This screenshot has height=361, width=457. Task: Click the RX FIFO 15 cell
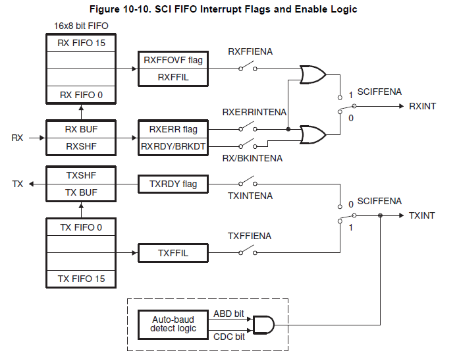point(82,45)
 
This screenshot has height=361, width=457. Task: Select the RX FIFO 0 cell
point(82,95)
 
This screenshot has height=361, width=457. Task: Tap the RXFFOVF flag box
point(173,60)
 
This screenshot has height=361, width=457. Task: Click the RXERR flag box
point(173,129)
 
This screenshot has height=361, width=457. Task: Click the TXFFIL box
point(173,252)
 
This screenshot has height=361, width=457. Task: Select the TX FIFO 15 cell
point(82,279)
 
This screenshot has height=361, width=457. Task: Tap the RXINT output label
point(422,106)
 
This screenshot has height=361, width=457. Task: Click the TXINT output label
point(422,215)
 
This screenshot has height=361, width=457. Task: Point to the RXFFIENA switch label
point(250,51)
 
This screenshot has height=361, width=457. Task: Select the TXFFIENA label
point(250,236)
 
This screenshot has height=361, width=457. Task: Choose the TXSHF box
point(82,176)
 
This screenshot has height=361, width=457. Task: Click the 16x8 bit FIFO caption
point(80,26)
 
